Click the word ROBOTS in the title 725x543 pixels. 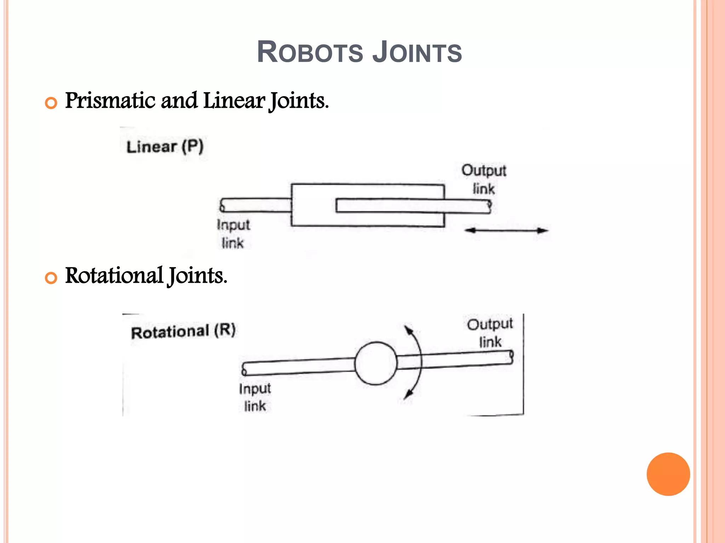(309, 52)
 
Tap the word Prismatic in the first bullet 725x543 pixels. (110, 100)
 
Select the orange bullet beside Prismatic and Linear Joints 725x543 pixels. (51, 103)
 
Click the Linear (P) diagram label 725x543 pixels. (165, 146)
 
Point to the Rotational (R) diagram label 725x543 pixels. (183, 331)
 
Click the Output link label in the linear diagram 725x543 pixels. (484, 179)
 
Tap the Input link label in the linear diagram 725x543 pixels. (233, 234)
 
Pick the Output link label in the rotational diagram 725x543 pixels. (490, 333)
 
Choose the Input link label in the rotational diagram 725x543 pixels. (255, 397)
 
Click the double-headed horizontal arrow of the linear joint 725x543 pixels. (506, 230)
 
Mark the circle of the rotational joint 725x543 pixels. (376, 363)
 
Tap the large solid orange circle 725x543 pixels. (668, 474)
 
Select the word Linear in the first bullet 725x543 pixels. (234, 100)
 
